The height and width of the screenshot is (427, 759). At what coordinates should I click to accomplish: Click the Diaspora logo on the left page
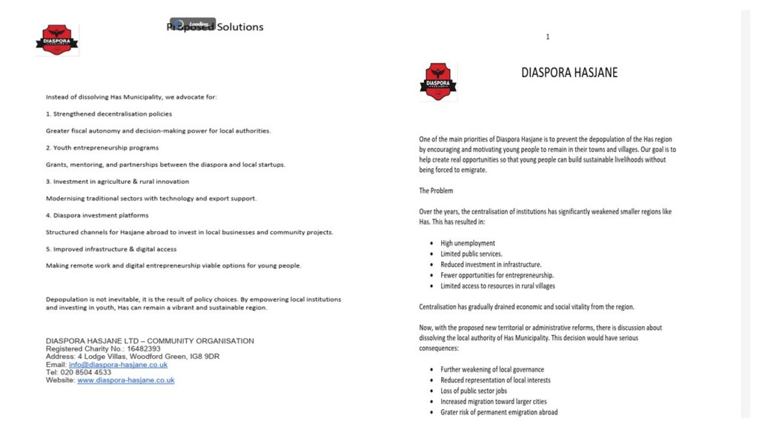tap(57, 40)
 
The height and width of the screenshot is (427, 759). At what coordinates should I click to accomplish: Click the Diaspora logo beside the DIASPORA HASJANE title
tap(437, 82)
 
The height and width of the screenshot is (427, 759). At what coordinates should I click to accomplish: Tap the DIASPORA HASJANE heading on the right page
tap(569, 73)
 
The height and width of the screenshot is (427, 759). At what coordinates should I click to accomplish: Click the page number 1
tap(548, 36)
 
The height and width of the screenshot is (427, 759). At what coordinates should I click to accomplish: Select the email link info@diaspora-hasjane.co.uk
tap(118, 365)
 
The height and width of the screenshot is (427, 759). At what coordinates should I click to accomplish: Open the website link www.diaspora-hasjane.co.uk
tap(126, 380)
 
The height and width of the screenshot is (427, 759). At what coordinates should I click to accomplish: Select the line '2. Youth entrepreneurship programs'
tap(102, 148)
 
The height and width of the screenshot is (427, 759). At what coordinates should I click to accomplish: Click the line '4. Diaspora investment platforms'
tap(97, 215)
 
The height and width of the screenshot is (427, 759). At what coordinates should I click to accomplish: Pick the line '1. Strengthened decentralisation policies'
tap(109, 114)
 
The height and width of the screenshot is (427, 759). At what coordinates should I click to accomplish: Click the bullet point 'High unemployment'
tap(468, 243)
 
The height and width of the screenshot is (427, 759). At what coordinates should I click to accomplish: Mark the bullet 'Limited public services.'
tap(471, 254)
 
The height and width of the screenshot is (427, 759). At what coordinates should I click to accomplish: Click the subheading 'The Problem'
tap(436, 191)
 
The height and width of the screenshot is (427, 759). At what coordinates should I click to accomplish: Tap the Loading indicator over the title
tap(193, 24)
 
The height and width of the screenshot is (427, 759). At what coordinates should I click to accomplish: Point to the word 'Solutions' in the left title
tap(240, 27)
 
